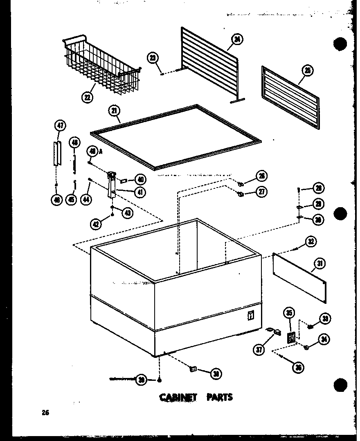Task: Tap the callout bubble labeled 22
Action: [87, 97]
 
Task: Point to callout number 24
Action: [236, 40]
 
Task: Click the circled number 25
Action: [308, 71]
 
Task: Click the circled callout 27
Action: [261, 192]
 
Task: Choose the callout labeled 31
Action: [319, 264]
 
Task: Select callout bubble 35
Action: [289, 314]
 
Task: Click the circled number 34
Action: [325, 339]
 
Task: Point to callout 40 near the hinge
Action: [140, 179]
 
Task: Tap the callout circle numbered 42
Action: [96, 224]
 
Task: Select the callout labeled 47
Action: [60, 126]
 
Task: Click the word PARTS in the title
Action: [220, 397]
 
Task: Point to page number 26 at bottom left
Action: [45, 413]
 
